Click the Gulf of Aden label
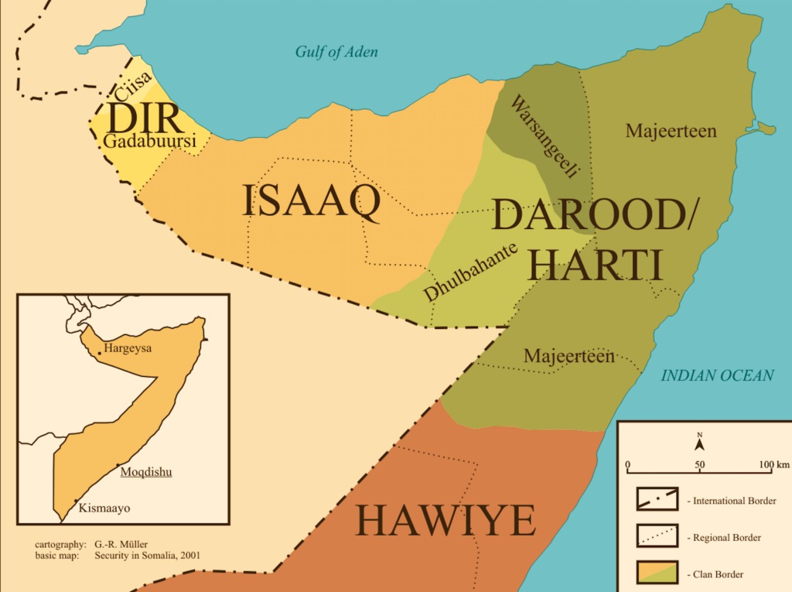pyautogui.click(x=336, y=52)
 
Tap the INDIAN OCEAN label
pyautogui.click(x=717, y=375)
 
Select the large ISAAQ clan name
pyautogui.click(x=311, y=201)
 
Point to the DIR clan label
pyautogui.click(x=145, y=118)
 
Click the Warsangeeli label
pyautogui.click(x=545, y=139)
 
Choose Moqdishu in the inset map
pyautogui.click(x=145, y=471)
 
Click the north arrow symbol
pyautogui.click(x=699, y=443)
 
